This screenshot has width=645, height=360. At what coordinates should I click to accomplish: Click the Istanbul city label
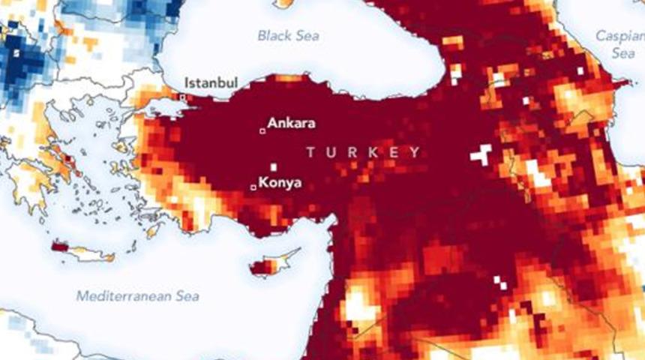tap(212, 82)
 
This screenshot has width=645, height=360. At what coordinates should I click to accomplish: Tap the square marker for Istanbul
tap(182, 97)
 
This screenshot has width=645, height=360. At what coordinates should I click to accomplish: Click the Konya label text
tap(280, 182)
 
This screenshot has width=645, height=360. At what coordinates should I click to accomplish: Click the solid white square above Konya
tap(274, 166)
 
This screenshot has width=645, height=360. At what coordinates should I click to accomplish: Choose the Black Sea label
tap(288, 35)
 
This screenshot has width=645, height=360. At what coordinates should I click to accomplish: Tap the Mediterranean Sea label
tap(139, 295)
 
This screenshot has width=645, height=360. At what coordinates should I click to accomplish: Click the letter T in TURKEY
tap(310, 152)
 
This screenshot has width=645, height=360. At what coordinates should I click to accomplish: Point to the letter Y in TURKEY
tap(415, 152)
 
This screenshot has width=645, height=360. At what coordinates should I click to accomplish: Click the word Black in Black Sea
tap(273, 35)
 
